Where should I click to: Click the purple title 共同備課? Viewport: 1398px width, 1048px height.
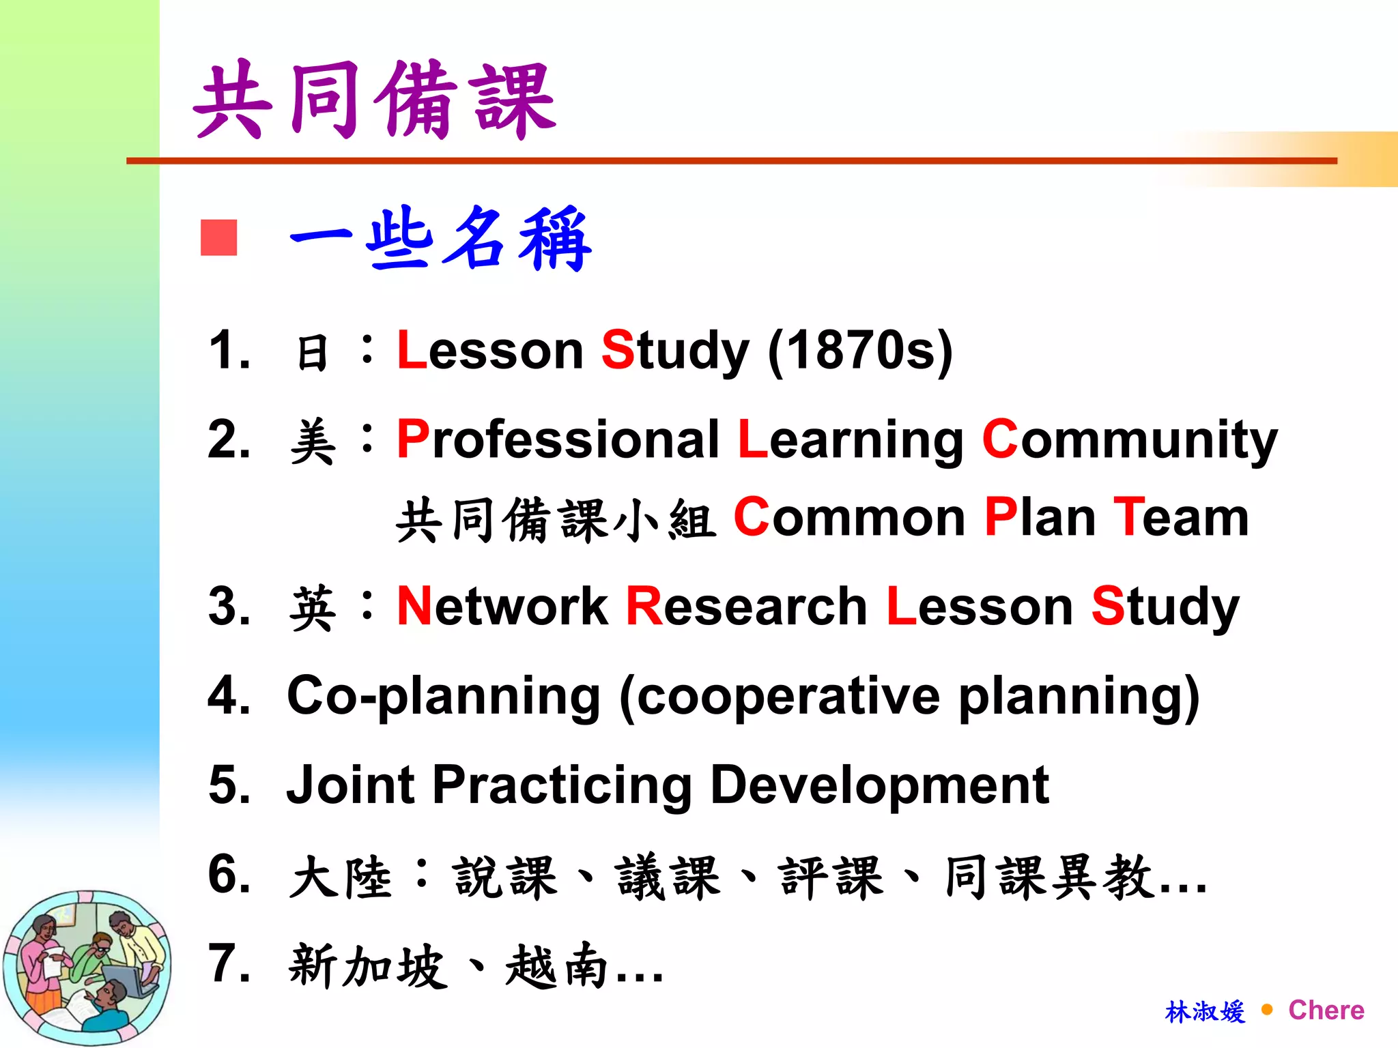(x=375, y=100)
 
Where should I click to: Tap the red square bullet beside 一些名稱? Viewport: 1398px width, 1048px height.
(x=218, y=237)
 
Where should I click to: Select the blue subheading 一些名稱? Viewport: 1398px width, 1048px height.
(x=440, y=239)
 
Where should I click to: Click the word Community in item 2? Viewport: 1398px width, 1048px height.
(x=1130, y=441)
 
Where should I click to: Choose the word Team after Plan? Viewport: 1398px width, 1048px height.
(x=1181, y=518)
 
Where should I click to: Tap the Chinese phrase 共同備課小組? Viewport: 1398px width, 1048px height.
(x=556, y=520)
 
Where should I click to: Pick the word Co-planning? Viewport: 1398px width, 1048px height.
(x=443, y=697)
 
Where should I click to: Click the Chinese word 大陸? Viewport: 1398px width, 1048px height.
(x=341, y=877)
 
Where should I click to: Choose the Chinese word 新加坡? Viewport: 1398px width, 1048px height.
(x=368, y=966)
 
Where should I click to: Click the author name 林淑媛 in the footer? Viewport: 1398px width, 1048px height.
(x=1205, y=1011)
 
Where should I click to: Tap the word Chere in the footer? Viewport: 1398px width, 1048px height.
(x=1326, y=1010)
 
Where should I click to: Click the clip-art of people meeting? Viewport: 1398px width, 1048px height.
(x=87, y=967)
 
